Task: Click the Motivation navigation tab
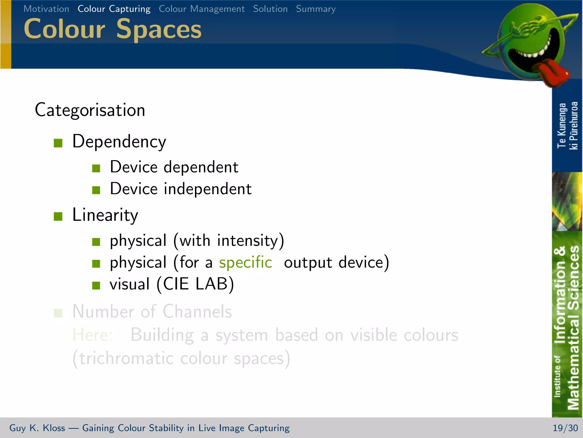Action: pos(46,9)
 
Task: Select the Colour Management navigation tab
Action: pos(202,9)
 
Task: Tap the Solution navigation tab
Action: pos(270,9)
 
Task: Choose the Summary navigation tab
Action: pos(316,9)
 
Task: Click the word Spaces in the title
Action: pos(159,29)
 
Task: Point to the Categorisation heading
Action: pos(90,110)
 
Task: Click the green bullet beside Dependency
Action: pos(58,143)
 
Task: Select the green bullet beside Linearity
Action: pos(58,216)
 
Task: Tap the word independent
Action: pos(208,189)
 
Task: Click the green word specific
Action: pos(245,262)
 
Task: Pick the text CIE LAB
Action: pos(195,284)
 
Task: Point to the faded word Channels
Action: pos(197,311)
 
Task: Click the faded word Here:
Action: pos(93,335)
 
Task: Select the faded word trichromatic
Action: pos(126,358)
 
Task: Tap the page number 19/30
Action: pos(565,428)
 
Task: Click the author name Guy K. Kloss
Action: pos(37,428)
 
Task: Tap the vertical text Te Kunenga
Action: pos(562,125)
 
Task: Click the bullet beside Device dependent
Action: pos(96,168)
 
